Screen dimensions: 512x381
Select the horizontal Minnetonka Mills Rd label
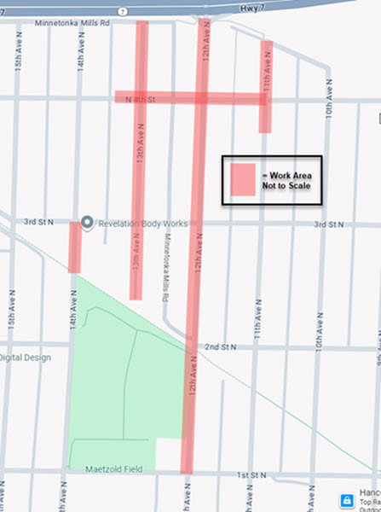[73, 23]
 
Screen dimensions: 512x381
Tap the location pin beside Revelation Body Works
[87, 223]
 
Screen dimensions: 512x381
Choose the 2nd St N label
[221, 346]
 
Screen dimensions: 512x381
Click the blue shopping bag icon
[347, 500]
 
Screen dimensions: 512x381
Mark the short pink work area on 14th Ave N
[75, 247]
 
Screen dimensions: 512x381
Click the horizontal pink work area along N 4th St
[170, 98]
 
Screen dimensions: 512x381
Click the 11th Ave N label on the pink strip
[267, 64]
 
